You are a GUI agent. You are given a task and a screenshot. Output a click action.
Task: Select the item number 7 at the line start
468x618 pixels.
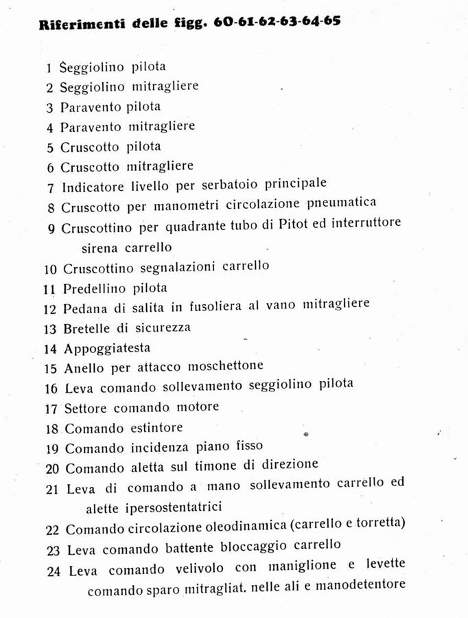50,187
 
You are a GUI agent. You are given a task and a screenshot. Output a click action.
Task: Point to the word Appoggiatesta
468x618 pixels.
106,347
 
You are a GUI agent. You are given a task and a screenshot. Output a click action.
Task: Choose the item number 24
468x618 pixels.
54,571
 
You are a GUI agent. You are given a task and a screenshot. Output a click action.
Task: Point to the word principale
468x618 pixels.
292,184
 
